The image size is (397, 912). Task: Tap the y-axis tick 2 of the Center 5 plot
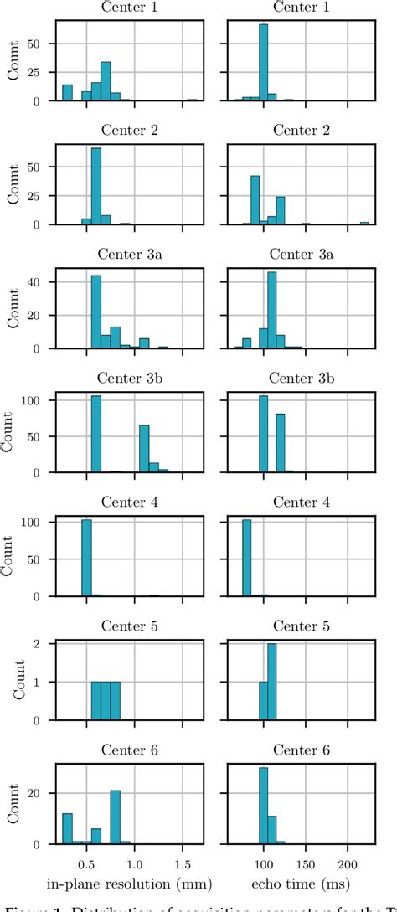click(44, 644)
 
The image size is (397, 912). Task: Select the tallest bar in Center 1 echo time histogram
click(263, 62)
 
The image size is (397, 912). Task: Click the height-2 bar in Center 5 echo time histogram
click(271, 682)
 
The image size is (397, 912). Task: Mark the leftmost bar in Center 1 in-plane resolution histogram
click(67, 92)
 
